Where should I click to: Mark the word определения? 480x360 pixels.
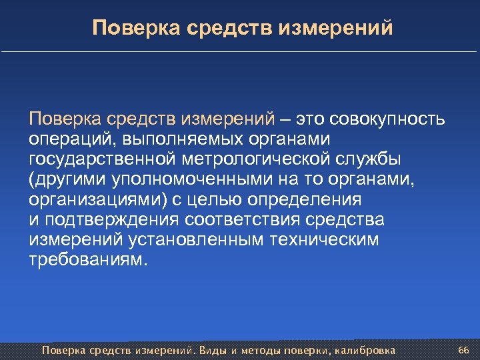tap(305, 199)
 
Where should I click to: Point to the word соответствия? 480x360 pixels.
tap(249, 219)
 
